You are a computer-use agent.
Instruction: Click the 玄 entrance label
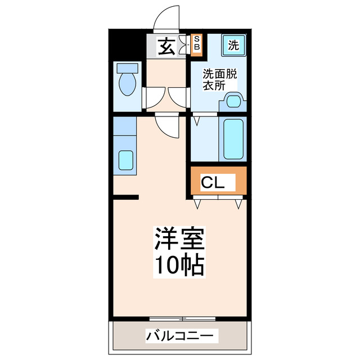166,47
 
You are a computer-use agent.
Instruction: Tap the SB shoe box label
196,44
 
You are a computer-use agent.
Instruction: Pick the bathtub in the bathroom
232,138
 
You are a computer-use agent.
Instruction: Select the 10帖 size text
179,266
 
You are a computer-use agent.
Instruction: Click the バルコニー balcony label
179,336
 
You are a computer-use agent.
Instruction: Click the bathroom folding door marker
197,120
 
